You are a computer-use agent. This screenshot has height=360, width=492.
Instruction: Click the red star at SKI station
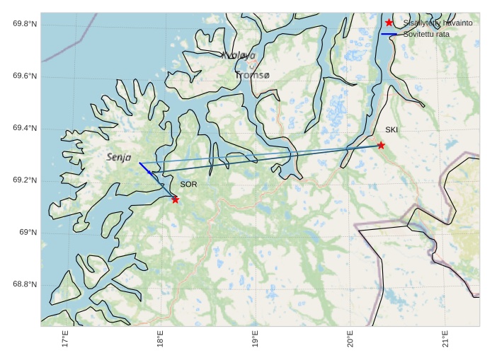[381, 145]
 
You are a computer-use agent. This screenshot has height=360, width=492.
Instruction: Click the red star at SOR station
[175, 199]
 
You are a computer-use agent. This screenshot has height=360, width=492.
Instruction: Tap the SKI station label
[391, 130]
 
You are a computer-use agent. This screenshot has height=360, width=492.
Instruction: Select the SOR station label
[188, 184]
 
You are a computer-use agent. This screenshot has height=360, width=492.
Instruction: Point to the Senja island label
[119, 157]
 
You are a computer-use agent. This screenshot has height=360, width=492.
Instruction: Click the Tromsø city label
[253, 75]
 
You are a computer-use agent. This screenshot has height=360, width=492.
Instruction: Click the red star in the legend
[389, 23]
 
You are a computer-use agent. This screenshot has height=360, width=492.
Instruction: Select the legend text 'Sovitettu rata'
[426, 34]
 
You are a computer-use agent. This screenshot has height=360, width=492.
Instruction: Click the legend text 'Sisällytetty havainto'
[437, 23]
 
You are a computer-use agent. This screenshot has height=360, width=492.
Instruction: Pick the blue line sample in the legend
[389, 34]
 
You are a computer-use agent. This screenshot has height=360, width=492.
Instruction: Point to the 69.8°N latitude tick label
[25, 24]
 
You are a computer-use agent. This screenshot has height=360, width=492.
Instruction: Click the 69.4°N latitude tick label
[25, 128]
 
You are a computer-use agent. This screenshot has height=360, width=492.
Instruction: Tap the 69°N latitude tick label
[28, 233]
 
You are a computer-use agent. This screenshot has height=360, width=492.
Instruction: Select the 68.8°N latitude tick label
[25, 285]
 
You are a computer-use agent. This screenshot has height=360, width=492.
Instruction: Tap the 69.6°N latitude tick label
[25, 76]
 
